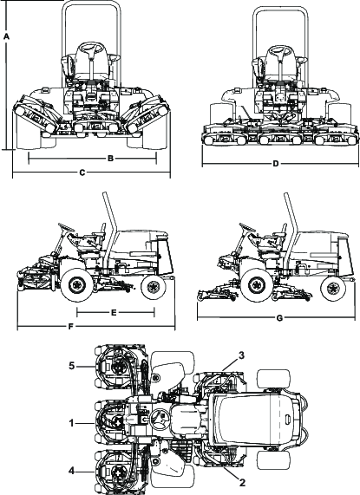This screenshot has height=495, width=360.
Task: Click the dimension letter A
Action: pyautogui.click(x=6, y=37)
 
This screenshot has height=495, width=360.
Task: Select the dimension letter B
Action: pyautogui.click(x=111, y=159)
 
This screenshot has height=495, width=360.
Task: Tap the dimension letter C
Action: pyautogui.click(x=82, y=173)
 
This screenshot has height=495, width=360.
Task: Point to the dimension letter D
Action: pyautogui.click(x=276, y=164)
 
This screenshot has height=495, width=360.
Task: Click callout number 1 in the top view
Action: pyautogui.click(x=72, y=422)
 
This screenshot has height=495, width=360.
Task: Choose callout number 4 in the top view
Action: pyautogui.click(x=72, y=472)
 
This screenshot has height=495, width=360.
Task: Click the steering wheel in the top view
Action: pyautogui.click(x=159, y=423)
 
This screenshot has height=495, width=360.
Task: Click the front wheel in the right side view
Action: pyautogui.click(x=258, y=282)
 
